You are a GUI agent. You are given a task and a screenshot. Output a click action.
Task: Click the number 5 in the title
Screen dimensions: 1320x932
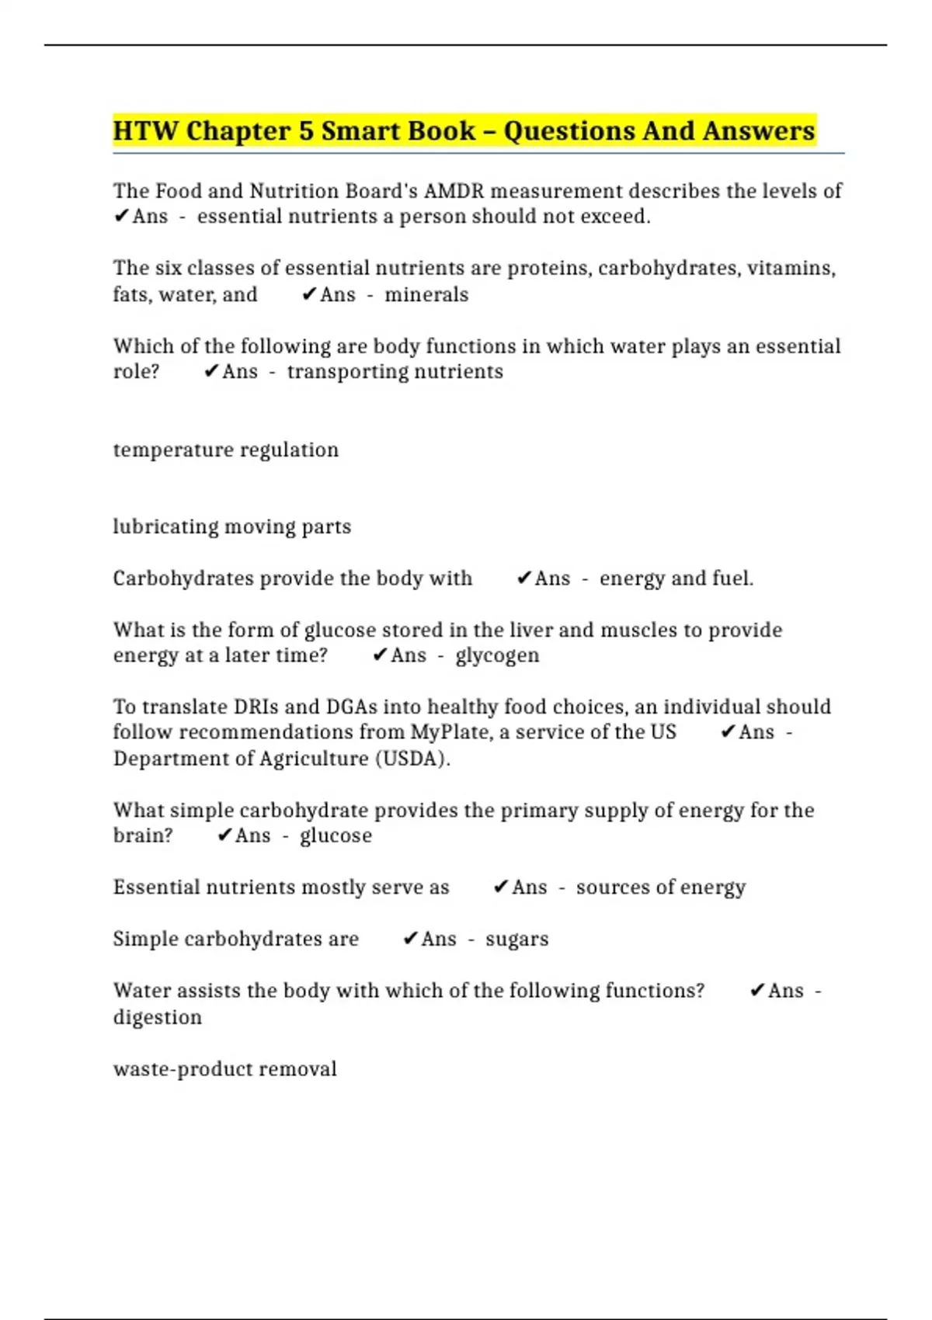pyautogui.click(x=306, y=131)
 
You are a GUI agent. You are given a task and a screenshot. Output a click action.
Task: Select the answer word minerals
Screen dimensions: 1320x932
pyautogui.click(x=426, y=295)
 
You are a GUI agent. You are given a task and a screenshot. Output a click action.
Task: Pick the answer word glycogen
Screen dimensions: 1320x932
pyautogui.click(x=497, y=656)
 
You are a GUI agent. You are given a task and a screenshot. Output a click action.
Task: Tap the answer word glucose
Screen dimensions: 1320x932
pyautogui.click(x=336, y=836)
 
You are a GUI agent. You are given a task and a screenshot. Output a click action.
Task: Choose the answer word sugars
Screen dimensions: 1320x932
pyautogui.click(x=516, y=940)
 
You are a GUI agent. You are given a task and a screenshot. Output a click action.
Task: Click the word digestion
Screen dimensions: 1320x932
pyautogui.click(x=158, y=1018)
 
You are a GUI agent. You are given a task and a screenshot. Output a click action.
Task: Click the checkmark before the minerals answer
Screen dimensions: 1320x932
pyautogui.click(x=309, y=294)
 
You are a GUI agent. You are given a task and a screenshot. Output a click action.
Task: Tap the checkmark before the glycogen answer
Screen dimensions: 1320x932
pyautogui.click(x=380, y=655)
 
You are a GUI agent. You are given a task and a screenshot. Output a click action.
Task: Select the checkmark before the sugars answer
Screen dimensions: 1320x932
pyautogui.click(x=411, y=939)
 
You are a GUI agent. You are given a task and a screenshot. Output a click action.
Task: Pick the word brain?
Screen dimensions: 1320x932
pyautogui.click(x=143, y=835)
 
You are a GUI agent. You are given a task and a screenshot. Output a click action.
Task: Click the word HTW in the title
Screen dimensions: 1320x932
pyautogui.click(x=145, y=131)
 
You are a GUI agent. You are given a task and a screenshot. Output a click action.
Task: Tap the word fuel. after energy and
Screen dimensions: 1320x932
pyautogui.click(x=732, y=579)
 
